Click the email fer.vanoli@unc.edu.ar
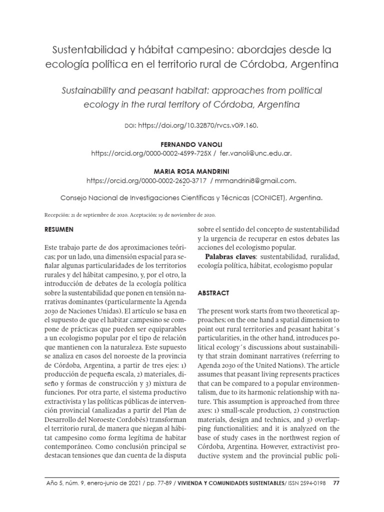click(x=255, y=153)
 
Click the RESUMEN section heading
click(x=59, y=230)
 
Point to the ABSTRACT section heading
click(x=214, y=292)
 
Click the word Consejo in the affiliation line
click(x=75, y=197)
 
